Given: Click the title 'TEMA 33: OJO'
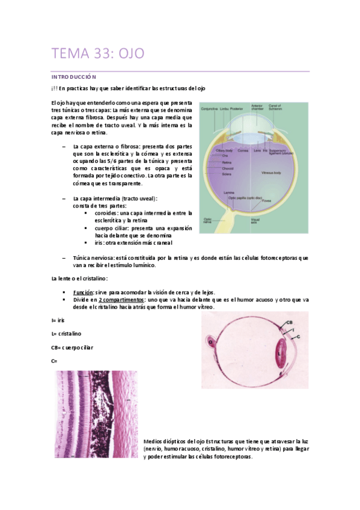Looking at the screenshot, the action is (x=98, y=54).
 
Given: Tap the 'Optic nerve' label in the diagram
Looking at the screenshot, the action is (x=207, y=220).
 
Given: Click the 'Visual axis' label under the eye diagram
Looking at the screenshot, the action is (x=255, y=221).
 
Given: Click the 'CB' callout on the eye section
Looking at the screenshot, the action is (x=289, y=323).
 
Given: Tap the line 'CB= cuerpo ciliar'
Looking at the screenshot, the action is (x=72, y=347).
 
